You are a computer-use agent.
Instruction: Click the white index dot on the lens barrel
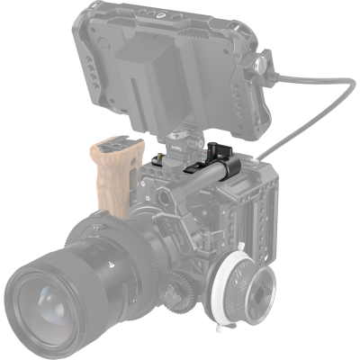coord(108,264)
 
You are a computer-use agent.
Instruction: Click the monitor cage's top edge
coord(171,7)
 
